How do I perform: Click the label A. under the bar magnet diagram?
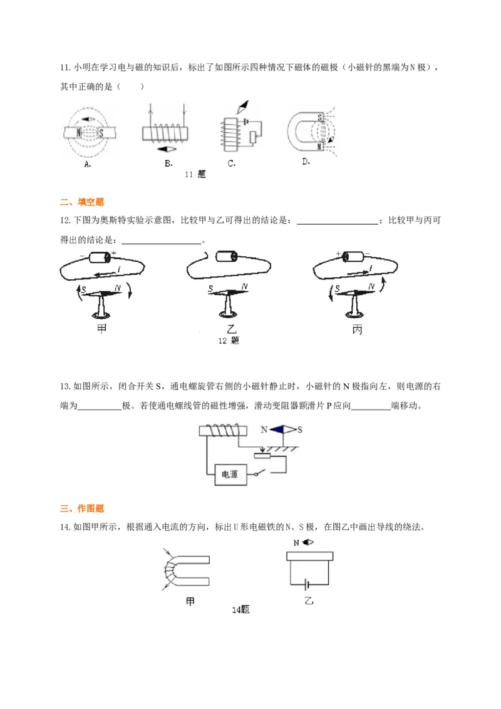[x=87, y=164]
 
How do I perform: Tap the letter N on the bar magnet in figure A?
[x=78, y=133]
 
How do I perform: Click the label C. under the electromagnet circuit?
[x=231, y=164]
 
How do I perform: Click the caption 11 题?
[x=195, y=175]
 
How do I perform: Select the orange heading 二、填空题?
[x=81, y=202]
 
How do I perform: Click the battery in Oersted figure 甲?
[x=100, y=257]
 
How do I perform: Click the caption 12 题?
[x=229, y=341]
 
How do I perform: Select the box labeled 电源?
[x=230, y=474]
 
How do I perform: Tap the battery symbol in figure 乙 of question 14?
[x=304, y=584]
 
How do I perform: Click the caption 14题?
[x=241, y=609]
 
